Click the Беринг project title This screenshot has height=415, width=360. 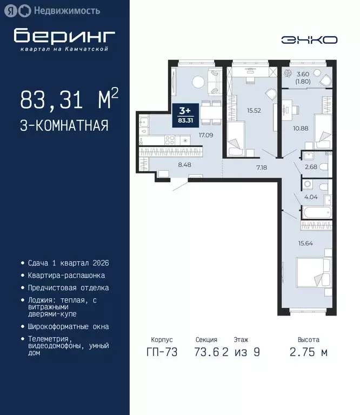(x=64, y=36)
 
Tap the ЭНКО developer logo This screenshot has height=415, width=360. (x=310, y=40)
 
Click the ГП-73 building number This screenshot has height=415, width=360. (x=162, y=353)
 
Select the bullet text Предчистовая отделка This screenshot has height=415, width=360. (x=69, y=288)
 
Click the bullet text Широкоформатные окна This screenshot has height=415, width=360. (x=69, y=326)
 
